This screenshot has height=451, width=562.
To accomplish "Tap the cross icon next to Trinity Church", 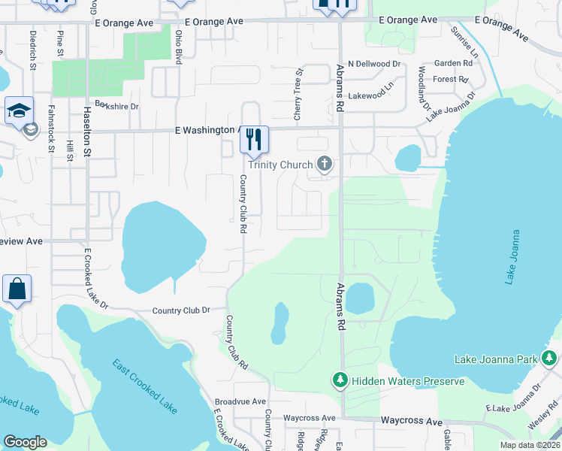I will (x=325, y=163).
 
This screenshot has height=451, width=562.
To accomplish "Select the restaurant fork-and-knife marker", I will (x=254, y=138).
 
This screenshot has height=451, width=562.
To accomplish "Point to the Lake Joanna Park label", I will (x=497, y=360).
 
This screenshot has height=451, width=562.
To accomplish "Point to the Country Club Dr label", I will (x=180, y=310).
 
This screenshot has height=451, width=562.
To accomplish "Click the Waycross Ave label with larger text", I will (x=411, y=422).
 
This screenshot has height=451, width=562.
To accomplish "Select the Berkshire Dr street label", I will (x=117, y=107).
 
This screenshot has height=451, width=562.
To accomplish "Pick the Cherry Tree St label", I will (x=298, y=95).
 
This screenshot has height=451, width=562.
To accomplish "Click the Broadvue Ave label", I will (x=240, y=402).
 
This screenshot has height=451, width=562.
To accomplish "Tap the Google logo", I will (x=25, y=441).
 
